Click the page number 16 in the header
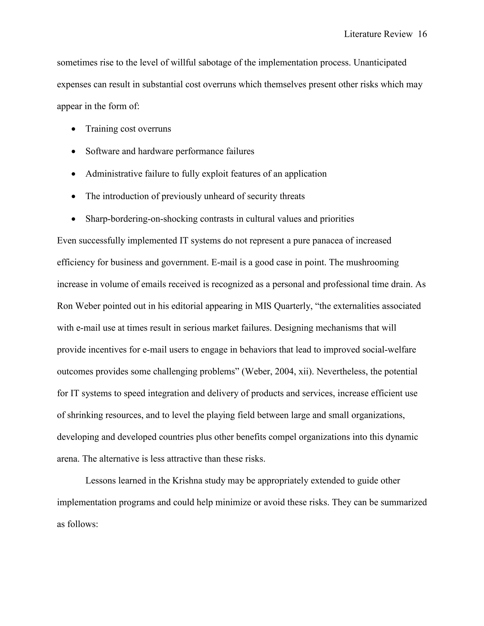[422, 34]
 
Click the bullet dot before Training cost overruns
[74, 129]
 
